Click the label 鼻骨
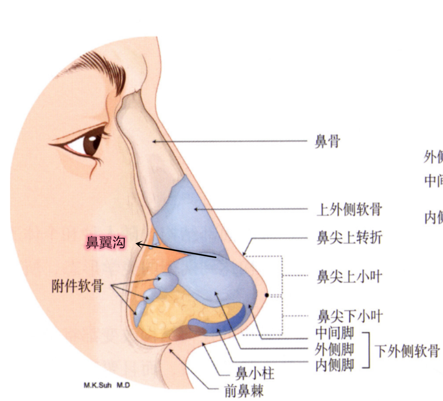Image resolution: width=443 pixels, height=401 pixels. [x=327, y=142]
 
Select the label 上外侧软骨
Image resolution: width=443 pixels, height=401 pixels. [x=349, y=210]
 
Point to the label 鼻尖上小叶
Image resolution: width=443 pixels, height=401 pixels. [x=349, y=277]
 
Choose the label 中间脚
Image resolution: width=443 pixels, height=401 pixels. [x=335, y=333]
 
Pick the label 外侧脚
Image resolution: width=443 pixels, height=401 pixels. [x=335, y=349]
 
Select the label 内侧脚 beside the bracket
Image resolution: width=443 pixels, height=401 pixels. [x=335, y=365]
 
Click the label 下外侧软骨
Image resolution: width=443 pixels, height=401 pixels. [x=407, y=351]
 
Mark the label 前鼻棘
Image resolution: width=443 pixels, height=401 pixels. [x=244, y=391]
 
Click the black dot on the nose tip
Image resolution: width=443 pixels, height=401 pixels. [x=267, y=295]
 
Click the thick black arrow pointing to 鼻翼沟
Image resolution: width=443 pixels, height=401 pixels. [x=176, y=251]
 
